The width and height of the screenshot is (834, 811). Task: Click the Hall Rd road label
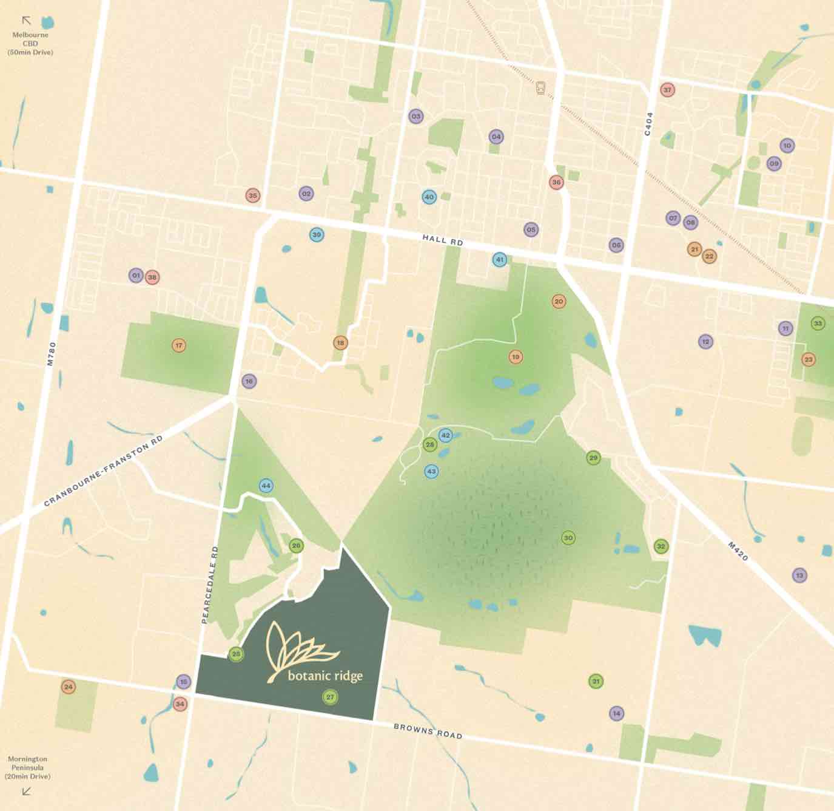click(x=442, y=240)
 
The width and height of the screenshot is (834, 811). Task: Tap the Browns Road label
click(x=428, y=731)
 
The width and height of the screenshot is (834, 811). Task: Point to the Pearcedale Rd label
click(x=209, y=585)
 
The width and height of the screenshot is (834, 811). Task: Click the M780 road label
click(x=52, y=353)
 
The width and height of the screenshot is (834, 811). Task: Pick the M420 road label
click(x=738, y=551)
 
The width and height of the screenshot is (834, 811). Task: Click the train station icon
click(x=540, y=88)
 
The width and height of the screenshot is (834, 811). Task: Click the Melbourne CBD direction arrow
click(x=26, y=21)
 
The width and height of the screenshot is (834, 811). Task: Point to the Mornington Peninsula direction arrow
click(x=26, y=791)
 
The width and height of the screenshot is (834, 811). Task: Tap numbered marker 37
click(x=667, y=90)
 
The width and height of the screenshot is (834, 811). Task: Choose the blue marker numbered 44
click(x=266, y=486)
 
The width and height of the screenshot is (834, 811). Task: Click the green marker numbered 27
click(x=330, y=697)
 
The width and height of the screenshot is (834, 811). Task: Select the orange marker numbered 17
click(x=178, y=345)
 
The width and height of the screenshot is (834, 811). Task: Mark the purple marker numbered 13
click(x=799, y=575)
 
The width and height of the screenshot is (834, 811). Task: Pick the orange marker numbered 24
click(x=69, y=687)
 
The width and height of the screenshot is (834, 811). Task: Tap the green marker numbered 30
click(x=568, y=538)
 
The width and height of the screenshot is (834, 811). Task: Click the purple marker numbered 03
click(x=415, y=116)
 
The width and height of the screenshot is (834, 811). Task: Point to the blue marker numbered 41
click(x=499, y=259)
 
